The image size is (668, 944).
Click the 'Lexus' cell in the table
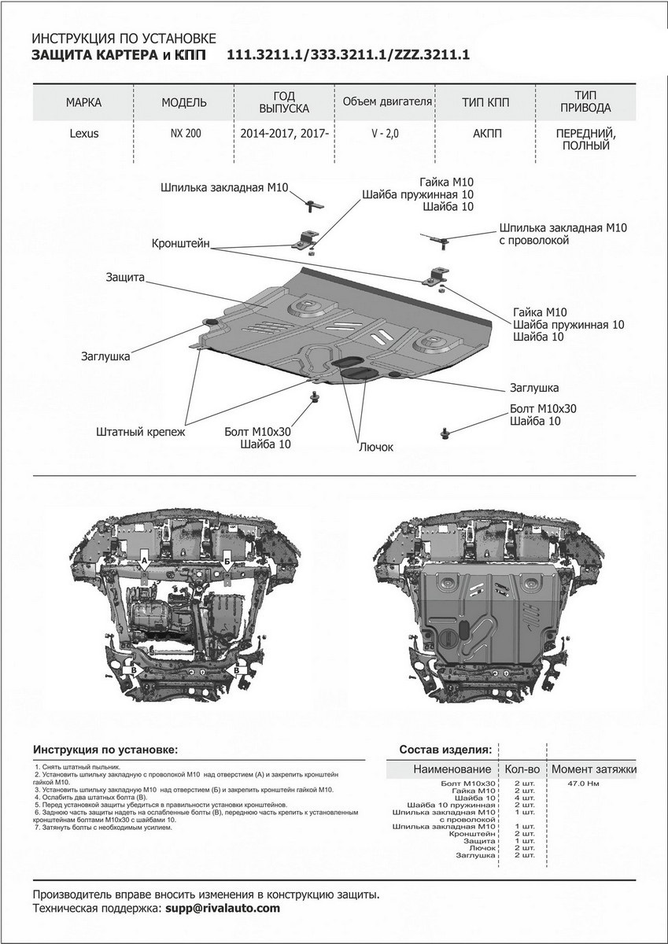84,134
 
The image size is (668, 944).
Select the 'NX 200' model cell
185,134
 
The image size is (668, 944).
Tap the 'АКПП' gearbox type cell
482,134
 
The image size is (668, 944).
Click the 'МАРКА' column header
84,103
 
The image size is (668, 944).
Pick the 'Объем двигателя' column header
388,102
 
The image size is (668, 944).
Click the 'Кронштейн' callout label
181,245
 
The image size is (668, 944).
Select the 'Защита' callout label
124,278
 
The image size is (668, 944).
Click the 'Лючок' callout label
375,447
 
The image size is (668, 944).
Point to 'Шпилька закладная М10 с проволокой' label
562,234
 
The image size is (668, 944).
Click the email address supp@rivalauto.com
223,908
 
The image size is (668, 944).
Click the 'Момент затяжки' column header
593,769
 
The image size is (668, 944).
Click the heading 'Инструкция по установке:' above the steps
105,749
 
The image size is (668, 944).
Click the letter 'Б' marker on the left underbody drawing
227,560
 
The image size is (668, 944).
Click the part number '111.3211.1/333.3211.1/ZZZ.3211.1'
348,55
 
